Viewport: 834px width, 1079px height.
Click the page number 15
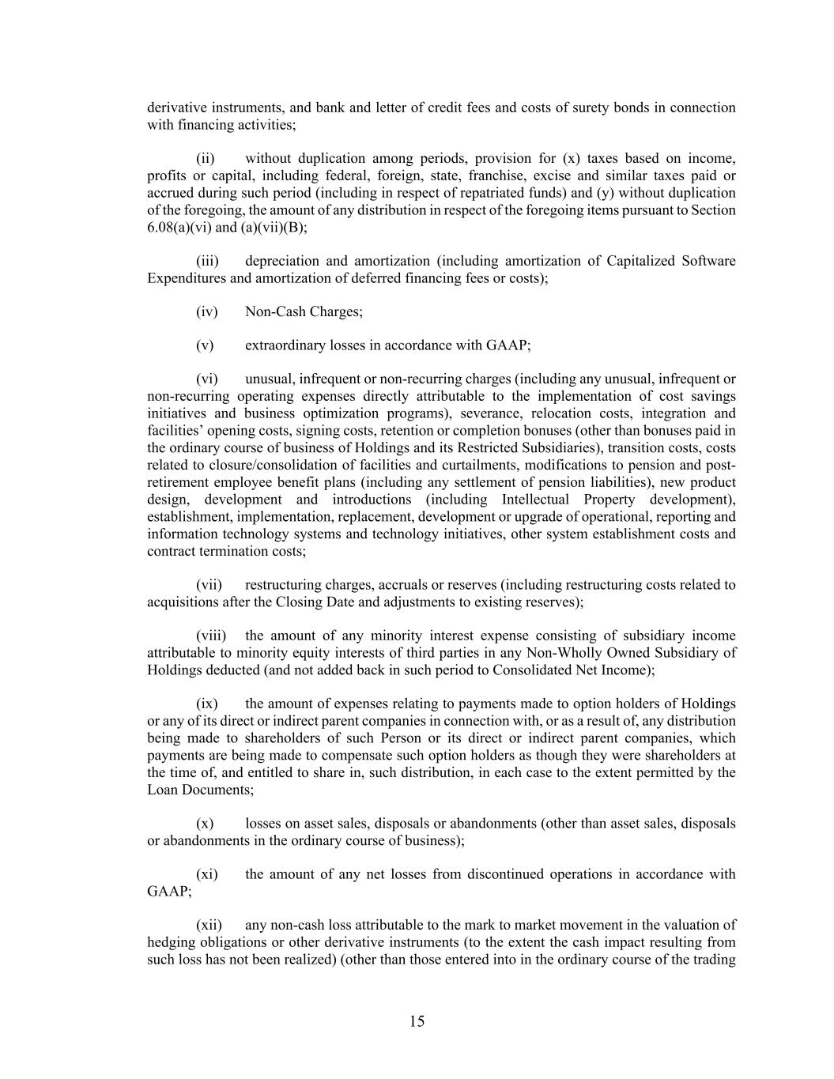pyautogui.click(x=417, y=1021)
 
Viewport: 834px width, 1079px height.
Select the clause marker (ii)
pyautogui.click(x=206, y=158)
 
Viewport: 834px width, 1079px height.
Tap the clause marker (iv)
pyautogui.click(x=206, y=311)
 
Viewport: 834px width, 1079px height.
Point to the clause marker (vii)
pyautogui.click(x=209, y=585)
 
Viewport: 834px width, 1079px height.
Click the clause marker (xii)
pyautogui.click(x=209, y=925)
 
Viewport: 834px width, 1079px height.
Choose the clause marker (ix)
pyautogui.click(x=207, y=704)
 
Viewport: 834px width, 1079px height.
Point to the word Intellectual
pyautogui.click(x=535, y=500)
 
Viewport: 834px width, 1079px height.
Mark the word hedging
pyautogui.click(x=171, y=942)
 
